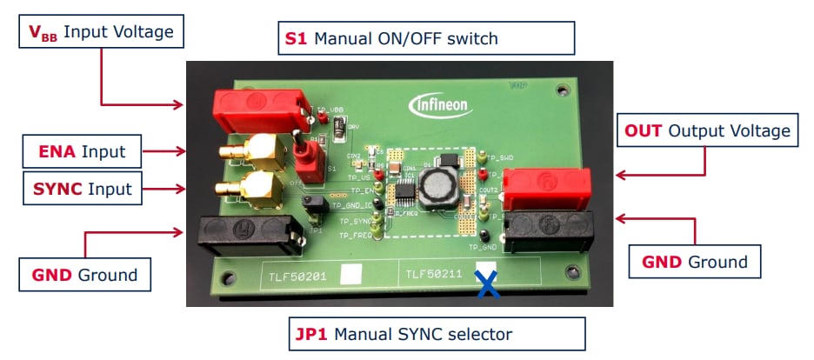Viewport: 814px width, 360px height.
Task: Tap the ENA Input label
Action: [80, 152]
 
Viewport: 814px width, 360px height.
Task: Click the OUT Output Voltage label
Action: [707, 130]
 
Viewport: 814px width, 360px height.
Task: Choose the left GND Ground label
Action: [85, 275]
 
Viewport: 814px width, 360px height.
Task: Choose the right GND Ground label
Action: [695, 262]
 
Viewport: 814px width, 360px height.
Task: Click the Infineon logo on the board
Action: [441, 106]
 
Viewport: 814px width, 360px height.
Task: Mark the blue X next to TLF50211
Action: [488, 284]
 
